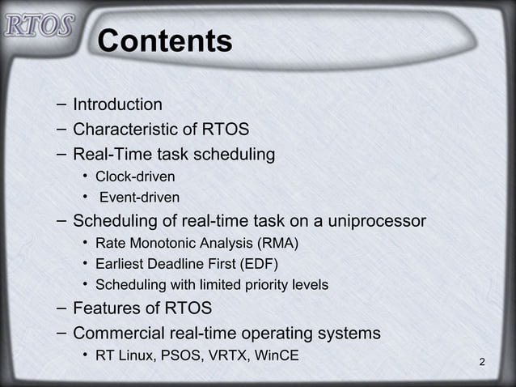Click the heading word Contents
[164, 41]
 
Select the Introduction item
[117, 104]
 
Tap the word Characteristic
[125, 129]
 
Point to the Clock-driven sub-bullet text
[135, 176]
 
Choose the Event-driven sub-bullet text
[139, 197]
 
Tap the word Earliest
[121, 263]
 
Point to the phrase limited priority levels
[264, 284]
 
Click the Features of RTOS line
[142, 308]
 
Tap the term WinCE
[277, 355]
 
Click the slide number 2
[482, 361]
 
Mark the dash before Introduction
[62, 104]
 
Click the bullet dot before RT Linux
[85, 355]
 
